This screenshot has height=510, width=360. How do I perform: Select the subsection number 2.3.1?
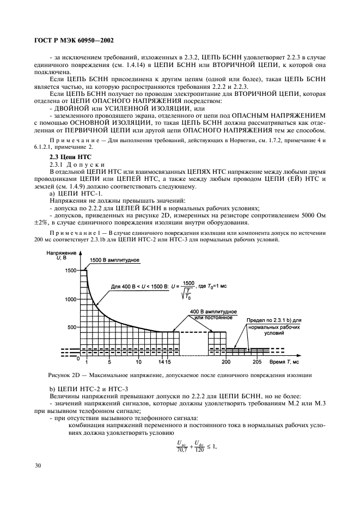pos(58,164)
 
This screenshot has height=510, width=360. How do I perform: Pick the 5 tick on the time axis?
pos(109,362)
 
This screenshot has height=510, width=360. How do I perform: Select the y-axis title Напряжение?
pos(60,253)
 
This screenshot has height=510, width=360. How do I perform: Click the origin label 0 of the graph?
pos(78,359)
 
